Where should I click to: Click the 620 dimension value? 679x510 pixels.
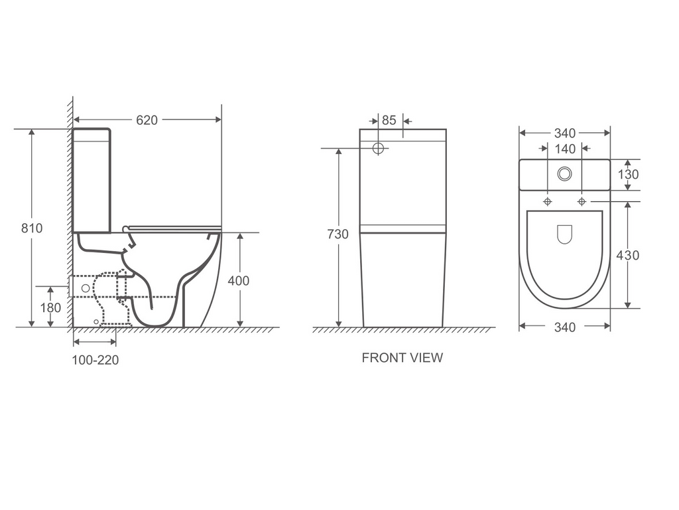pyautogui.click(x=147, y=120)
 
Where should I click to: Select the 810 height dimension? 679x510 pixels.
pyautogui.click(x=31, y=228)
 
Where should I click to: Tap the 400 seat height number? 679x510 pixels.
pyautogui.click(x=239, y=281)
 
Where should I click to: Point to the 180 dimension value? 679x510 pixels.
pyautogui.click(x=50, y=307)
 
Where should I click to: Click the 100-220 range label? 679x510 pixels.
pyautogui.click(x=95, y=360)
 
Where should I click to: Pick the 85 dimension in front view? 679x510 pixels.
pyautogui.click(x=389, y=120)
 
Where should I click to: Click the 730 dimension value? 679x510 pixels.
pyautogui.click(x=338, y=234)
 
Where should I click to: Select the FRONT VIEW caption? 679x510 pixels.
pyautogui.click(x=402, y=358)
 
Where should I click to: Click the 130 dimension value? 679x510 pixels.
pyautogui.click(x=628, y=175)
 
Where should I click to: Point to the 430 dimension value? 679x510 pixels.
pyautogui.click(x=628, y=255)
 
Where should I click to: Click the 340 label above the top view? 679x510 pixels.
pyautogui.click(x=564, y=133)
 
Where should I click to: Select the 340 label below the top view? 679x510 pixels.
pyautogui.click(x=564, y=327)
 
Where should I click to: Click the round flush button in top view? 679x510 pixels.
pyautogui.click(x=564, y=173)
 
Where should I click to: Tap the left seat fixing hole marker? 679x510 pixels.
pyautogui.click(x=548, y=201)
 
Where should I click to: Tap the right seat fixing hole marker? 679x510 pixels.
pyautogui.click(x=582, y=201)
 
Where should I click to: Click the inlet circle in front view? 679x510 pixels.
pyautogui.click(x=378, y=148)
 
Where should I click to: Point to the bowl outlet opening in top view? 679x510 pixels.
pyautogui.click(x=564, y=233)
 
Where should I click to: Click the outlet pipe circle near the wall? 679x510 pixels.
pyautogui.click(x=85, y=288)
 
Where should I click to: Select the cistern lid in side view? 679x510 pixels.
pyautogui.click(x=92, y=133)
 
